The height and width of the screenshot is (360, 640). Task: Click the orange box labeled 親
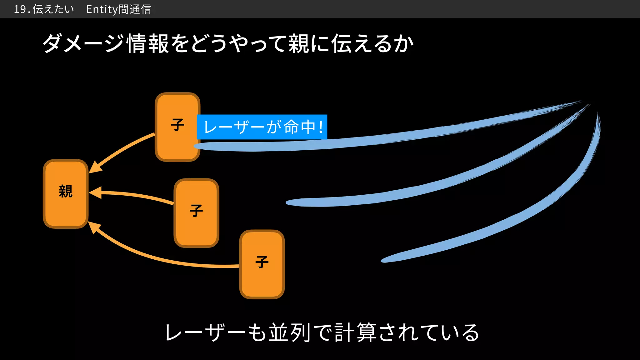[x=66, y=194]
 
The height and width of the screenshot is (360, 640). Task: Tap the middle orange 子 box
[x=196, y=212]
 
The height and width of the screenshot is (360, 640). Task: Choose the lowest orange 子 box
[x=262, y=264]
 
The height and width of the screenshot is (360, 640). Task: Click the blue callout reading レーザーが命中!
[x=262, y=127]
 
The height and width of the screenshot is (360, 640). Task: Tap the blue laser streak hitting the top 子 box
[x=375, y=139]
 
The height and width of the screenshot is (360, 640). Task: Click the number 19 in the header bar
[x=20, y=9]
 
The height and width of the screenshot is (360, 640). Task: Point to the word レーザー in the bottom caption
[x=205, y=332]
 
